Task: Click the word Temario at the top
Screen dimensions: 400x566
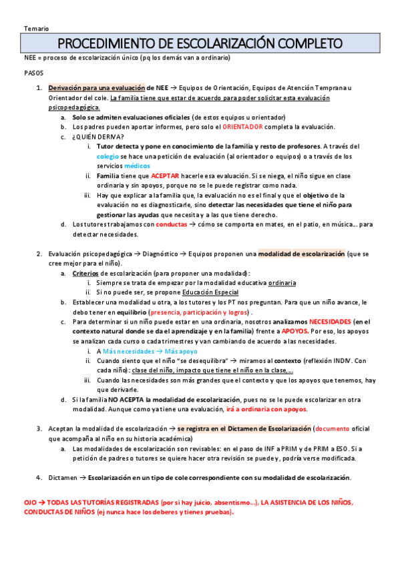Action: pos(35,29)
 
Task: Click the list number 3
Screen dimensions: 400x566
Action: pos(39,429)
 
